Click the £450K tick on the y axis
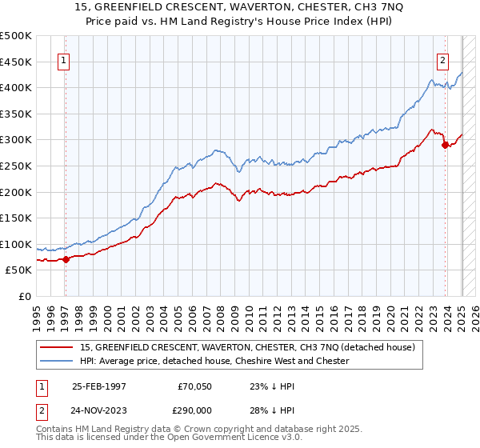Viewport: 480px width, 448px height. pos(16,62)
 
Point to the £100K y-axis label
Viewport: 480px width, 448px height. pos(16,244)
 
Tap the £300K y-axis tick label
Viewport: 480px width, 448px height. pos(16,140)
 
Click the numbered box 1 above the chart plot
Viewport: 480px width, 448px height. pos(63,58)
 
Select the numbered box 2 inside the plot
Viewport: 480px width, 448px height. pos(442,58)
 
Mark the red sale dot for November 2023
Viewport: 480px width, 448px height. pos(446,145)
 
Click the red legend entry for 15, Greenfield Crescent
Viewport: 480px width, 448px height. pos(246,347)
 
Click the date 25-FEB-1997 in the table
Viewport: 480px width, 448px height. pos(99,386)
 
